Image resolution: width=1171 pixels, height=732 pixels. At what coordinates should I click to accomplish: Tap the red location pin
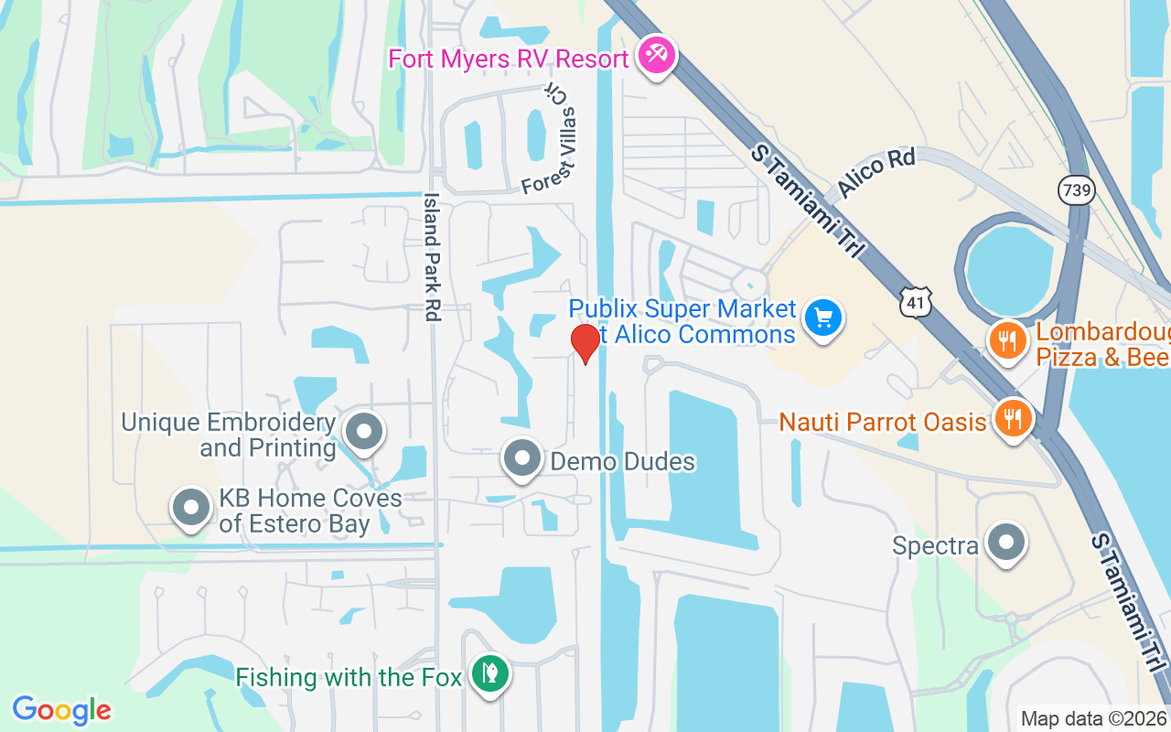click(585, 342)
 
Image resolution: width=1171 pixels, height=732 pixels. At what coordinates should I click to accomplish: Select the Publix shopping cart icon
click(822, 319)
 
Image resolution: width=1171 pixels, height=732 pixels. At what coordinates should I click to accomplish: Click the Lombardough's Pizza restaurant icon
click(1007, 341)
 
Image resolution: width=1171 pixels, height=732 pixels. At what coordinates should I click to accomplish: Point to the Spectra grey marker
click(1006, 542)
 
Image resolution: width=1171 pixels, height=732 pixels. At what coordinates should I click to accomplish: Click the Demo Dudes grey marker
click(523, 458)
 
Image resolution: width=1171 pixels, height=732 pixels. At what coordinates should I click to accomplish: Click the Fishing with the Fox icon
click(490, 674)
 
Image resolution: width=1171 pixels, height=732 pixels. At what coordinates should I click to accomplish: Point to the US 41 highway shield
click(914, 301)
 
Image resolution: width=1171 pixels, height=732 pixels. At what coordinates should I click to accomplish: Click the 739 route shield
click(1076, 189)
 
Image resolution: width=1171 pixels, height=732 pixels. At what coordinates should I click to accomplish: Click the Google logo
click(61, 710)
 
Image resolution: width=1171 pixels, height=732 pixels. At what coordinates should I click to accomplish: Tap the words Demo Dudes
click(622, 461)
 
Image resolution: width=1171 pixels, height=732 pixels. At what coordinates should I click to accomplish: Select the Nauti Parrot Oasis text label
click(883, 422)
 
